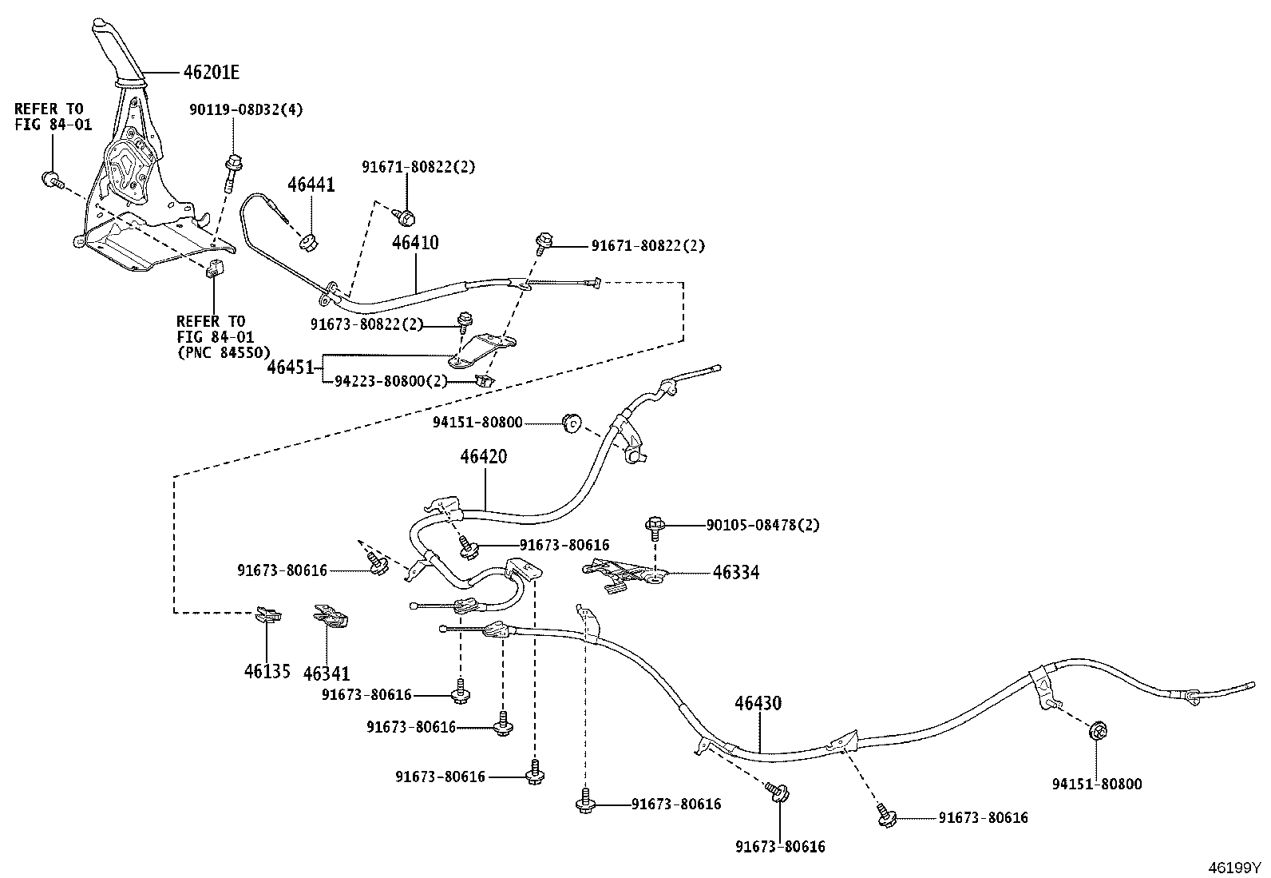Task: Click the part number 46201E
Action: click(x=211, y=72)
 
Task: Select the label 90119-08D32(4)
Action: click(x=246, y=109)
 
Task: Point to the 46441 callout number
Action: click(x=311, y=185)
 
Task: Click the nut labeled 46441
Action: click(x=308, y=242)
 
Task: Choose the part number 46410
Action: click(x=415, y=243)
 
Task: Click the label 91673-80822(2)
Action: click(x=366, y=324)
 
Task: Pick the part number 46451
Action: click(x=290, y=367)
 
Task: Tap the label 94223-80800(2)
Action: click(x=391, y=381)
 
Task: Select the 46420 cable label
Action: click(x=484, y=456)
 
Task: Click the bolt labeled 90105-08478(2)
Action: click(x=655, y=526)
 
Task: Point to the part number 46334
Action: click(x=736, y=573)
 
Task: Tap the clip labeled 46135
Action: click(x=269, y=614)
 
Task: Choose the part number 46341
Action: click(x=327, y=673)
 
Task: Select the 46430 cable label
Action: click(x=758, y=703)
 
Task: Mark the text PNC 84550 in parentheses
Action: click(x=224, y=352)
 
